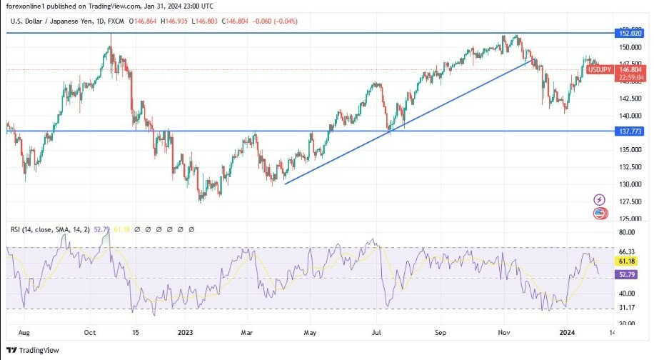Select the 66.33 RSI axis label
click(x=625, y=251)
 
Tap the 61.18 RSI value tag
click(x=626, y=262)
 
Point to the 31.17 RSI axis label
click(x=625, y=308)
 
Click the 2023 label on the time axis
click(x=185, y=333)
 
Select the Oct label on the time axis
click(x=90, y=333)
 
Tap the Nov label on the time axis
click(x=504, y=333)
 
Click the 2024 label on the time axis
click(x=568, y=333)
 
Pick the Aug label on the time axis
click(x=24, y=333)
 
